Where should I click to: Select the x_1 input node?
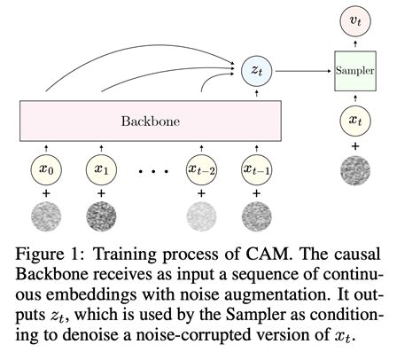coord(101,166)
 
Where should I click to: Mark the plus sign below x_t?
coord(354,145)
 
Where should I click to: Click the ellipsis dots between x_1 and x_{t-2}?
coord(150,168)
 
